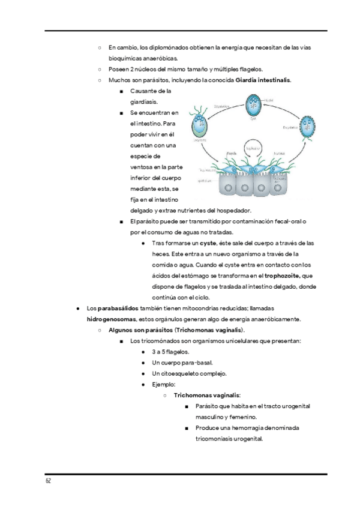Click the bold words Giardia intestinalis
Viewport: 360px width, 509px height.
[263, 80]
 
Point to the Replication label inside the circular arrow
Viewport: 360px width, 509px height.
[253, 148]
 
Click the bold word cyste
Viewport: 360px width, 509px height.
[208, 243]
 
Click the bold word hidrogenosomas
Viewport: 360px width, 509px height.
[112, 319]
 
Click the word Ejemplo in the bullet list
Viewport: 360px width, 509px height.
[163, 384]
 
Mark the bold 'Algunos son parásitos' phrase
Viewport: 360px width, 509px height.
[137, 330]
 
